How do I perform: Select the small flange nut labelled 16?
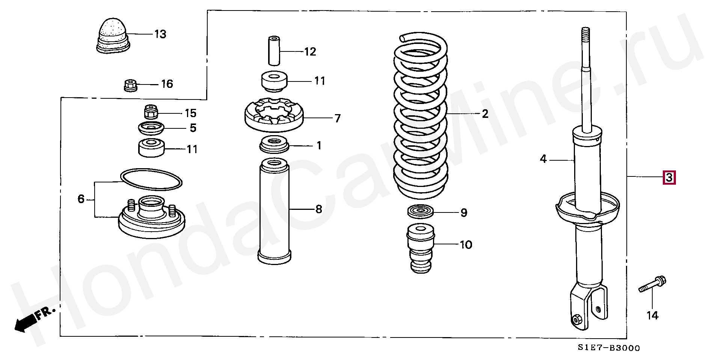pos(131,85)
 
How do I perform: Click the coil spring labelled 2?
pos(420,116)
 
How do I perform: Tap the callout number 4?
pos(543,159)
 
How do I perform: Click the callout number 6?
pos(81,199)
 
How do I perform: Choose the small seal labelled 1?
pos(274,145)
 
